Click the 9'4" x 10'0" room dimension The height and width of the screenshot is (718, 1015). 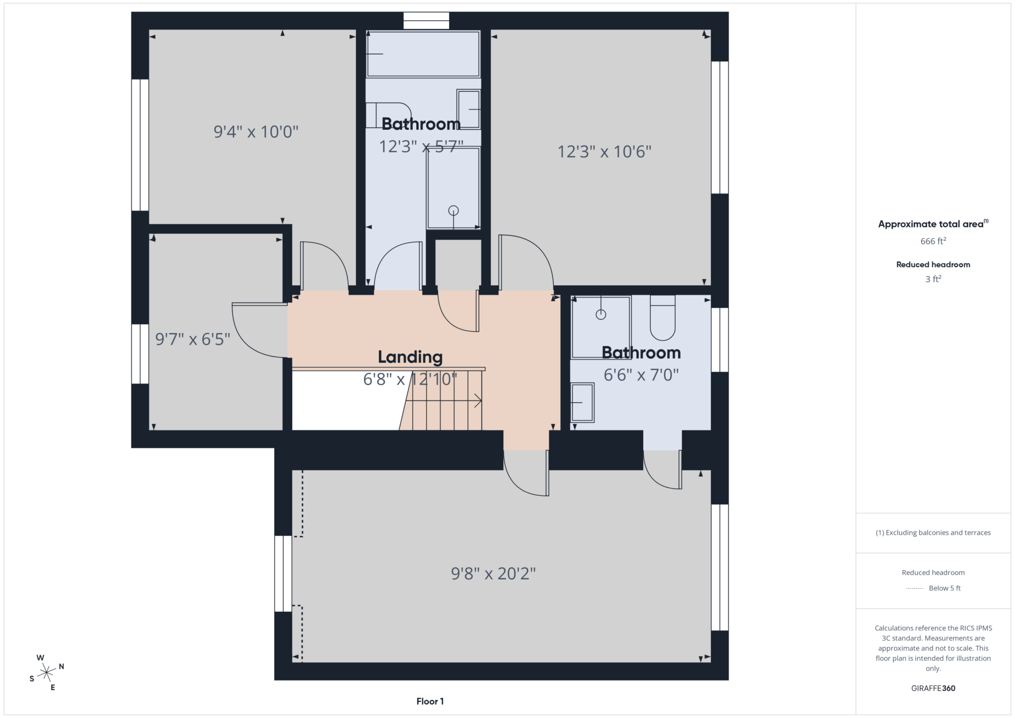click(x=256, y=131)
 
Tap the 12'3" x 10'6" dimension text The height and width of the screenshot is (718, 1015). click(x=605, y=152)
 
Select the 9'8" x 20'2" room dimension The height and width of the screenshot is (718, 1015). click(x=494, y=574)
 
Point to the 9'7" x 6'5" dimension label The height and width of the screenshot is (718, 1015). click(x=193, y=339)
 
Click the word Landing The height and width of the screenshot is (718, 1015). click(x=410, y=357)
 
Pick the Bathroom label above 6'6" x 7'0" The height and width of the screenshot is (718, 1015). click(x=641, y=353)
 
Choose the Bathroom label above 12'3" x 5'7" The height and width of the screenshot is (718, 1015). click(x=421, y=124)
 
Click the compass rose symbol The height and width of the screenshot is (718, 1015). click(x=47, y=672)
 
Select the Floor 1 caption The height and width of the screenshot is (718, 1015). click(x=430, y=701)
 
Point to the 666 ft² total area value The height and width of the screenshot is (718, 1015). click(x=933, y=241)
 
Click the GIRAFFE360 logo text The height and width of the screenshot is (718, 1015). click(x=933, y=688)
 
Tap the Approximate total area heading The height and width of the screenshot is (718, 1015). click(x=933, y=224)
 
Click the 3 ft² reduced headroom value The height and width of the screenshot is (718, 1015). click(x=933, y=279)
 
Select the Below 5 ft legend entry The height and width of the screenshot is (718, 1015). click(x=933, y=588)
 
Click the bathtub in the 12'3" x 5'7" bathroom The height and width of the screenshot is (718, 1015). click(x=423, y=54)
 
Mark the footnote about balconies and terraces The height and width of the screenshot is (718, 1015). click(x=933, y=533)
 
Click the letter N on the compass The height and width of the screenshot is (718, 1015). click(x=61, y=666)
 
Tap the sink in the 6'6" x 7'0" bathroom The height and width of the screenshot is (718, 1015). click(x=582, y=402)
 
